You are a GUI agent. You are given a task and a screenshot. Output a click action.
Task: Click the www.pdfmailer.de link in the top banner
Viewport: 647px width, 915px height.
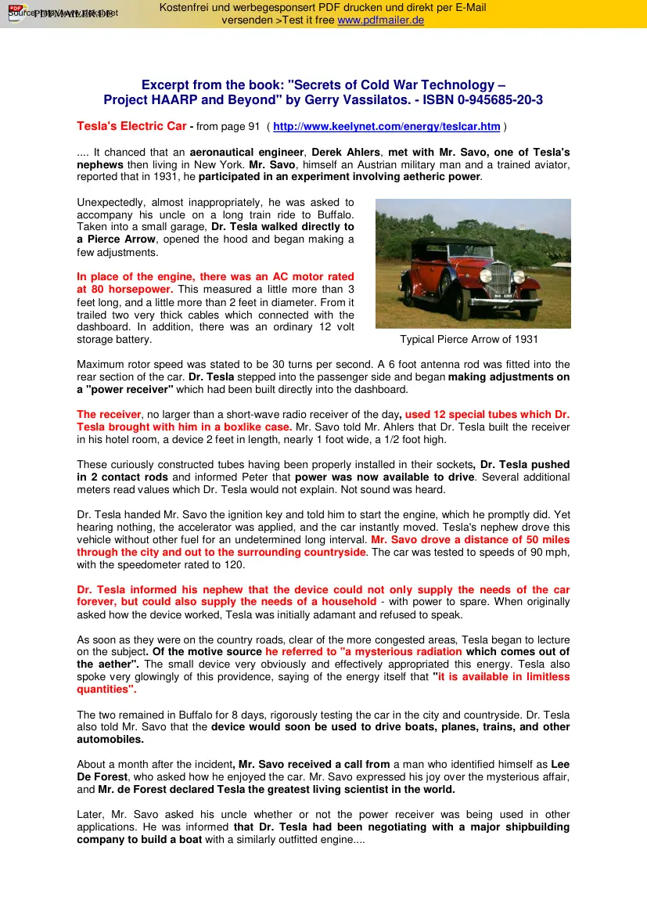pyautogui.click(x=380, y=20)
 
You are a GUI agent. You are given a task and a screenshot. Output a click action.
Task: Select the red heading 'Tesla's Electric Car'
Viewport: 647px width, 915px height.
pyautogui.click(x=131, y=126)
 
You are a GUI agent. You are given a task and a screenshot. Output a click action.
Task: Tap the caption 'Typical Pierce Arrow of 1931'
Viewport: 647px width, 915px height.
pyautogui.click(x=469, y=340)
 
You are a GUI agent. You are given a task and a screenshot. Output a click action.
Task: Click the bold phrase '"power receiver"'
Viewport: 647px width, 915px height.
pyautogui.click(x=125, y=390)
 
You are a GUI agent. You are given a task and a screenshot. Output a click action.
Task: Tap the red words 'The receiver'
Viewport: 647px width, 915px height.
pyautogui.click(x=109, y=415)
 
